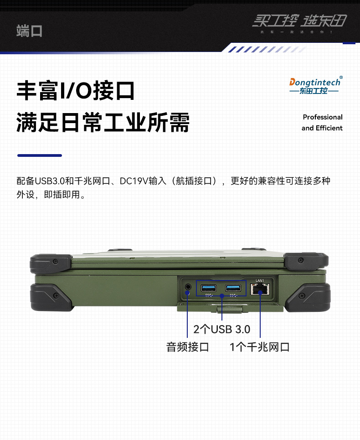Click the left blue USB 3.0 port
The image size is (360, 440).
[209, 288]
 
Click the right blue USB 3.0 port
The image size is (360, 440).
[233, 288]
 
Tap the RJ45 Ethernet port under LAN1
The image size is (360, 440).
[260, 289]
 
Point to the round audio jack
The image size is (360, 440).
[188, 287]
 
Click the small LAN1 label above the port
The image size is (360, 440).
[260, 280]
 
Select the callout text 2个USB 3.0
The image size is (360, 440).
[221, 329]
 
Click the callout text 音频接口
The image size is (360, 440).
[187, 347]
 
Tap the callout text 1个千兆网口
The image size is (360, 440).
[259, 347]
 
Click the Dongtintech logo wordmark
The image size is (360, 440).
[315, 83]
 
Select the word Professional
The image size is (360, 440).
[322, 117]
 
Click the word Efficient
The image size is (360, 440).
[329, 128]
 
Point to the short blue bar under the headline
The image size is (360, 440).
[39, 155]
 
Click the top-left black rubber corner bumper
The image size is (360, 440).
[50, 263]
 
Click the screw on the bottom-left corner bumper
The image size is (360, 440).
[55, 295]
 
